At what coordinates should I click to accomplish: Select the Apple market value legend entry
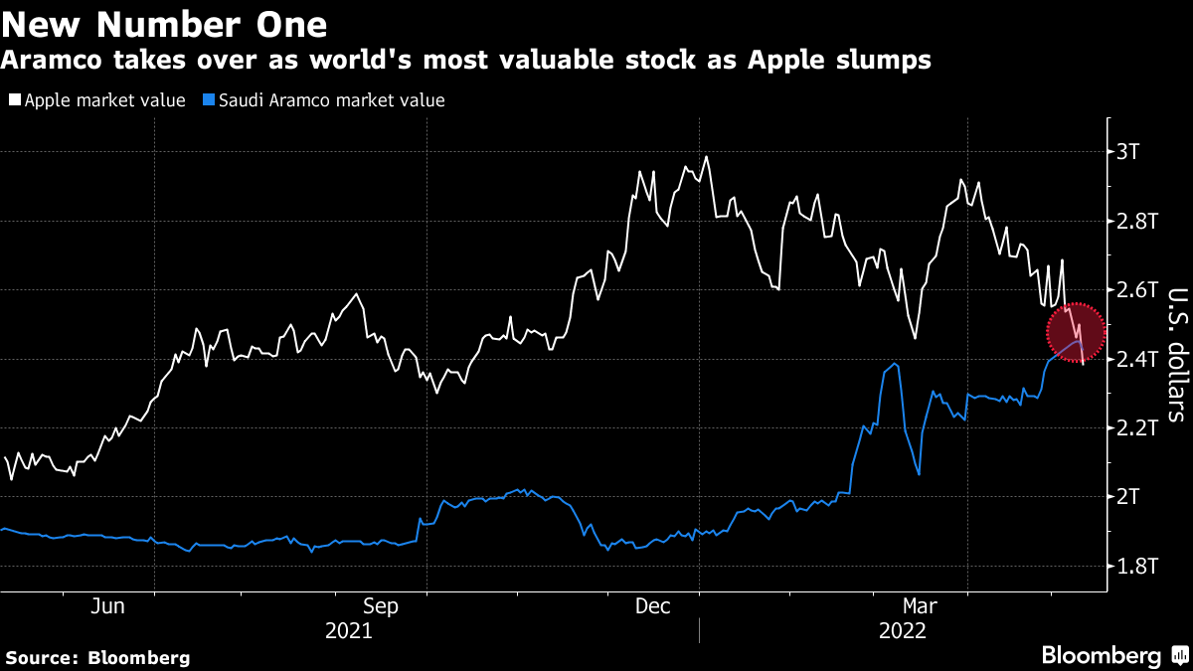(x=97, y=100)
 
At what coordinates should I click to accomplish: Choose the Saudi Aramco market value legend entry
(x=323, y=100)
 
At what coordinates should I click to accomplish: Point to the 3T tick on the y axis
(x=1130, y=152)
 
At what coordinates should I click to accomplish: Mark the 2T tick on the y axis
(x=1130, y=497)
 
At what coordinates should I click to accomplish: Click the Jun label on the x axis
(x=107, y=605)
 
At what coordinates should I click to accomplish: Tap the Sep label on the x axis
(x=381, y=605)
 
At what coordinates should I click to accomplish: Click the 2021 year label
(x=349, y=630)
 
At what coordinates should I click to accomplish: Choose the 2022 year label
(x=902, y=630)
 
